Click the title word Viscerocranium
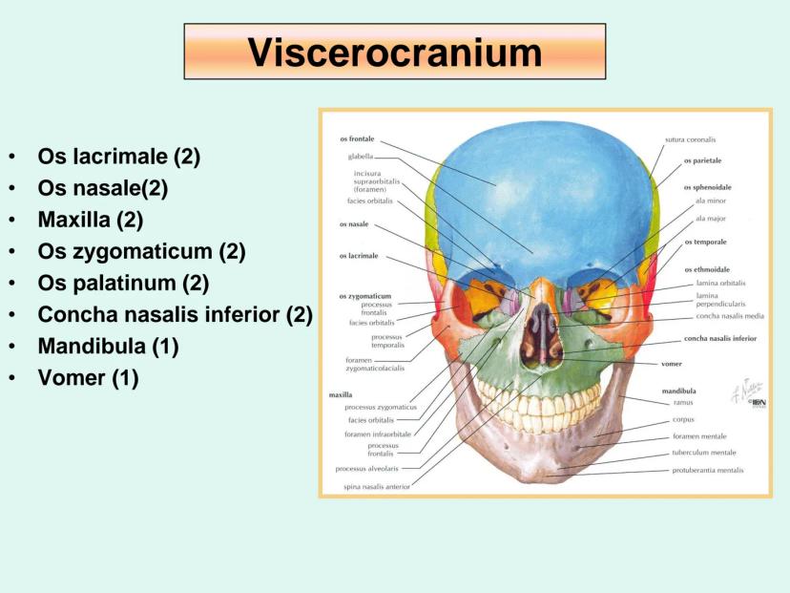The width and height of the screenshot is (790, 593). pos(394,52)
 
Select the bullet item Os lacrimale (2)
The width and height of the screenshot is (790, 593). pos(118,157)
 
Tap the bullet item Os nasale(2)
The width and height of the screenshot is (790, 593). pos(102,188)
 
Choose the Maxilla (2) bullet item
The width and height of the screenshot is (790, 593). pos(90,220)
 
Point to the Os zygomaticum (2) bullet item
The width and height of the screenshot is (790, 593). pos(141,251)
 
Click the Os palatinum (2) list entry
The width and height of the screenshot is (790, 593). pos(122,283)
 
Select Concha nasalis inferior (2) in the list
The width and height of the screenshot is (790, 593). pos(175,314)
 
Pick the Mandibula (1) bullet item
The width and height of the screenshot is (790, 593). pos(108,346)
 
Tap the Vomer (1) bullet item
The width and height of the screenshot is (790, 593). pos(88,377)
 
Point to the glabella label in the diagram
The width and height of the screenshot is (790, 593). pos(361,156)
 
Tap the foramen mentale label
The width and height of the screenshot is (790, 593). pos(698,436)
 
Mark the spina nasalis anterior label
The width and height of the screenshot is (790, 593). pos(377,486)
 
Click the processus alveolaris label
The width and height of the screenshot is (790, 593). pos(366,469)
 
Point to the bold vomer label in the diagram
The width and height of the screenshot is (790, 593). pos(671,364)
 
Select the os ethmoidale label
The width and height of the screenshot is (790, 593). pos(708,269)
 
